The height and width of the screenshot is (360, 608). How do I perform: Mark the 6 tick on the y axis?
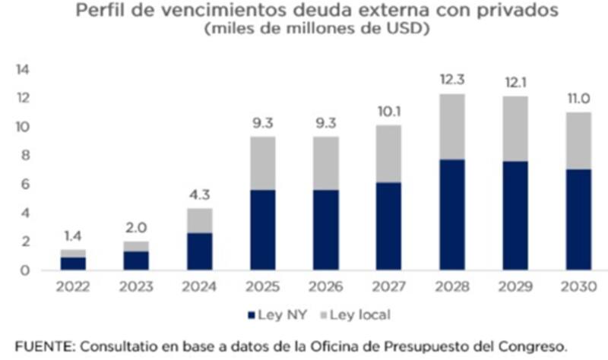tap(24, 185)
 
